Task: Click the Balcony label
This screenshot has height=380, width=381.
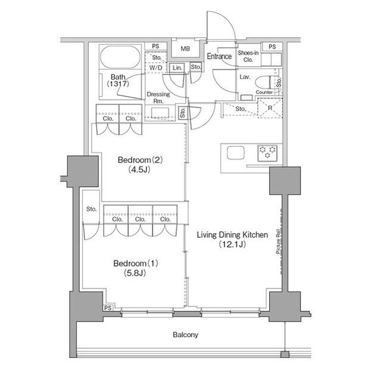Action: point(186,335)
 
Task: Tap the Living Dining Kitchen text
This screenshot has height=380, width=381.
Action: point(232,235)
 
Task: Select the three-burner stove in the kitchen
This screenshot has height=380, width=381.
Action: point(267,153)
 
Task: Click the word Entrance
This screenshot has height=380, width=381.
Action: point(219,56)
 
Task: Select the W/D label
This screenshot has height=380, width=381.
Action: point(156,68)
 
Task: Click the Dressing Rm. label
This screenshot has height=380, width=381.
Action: point(158,98)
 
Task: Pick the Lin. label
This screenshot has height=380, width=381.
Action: point(177,68)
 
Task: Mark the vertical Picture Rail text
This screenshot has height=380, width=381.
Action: point(278,243)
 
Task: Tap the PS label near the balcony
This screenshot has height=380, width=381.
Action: point(108,307)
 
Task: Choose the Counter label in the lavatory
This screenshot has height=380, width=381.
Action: point(264,93)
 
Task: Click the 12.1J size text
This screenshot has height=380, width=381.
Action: point(232,244)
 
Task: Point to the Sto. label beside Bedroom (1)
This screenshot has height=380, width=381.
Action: point(91,209)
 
